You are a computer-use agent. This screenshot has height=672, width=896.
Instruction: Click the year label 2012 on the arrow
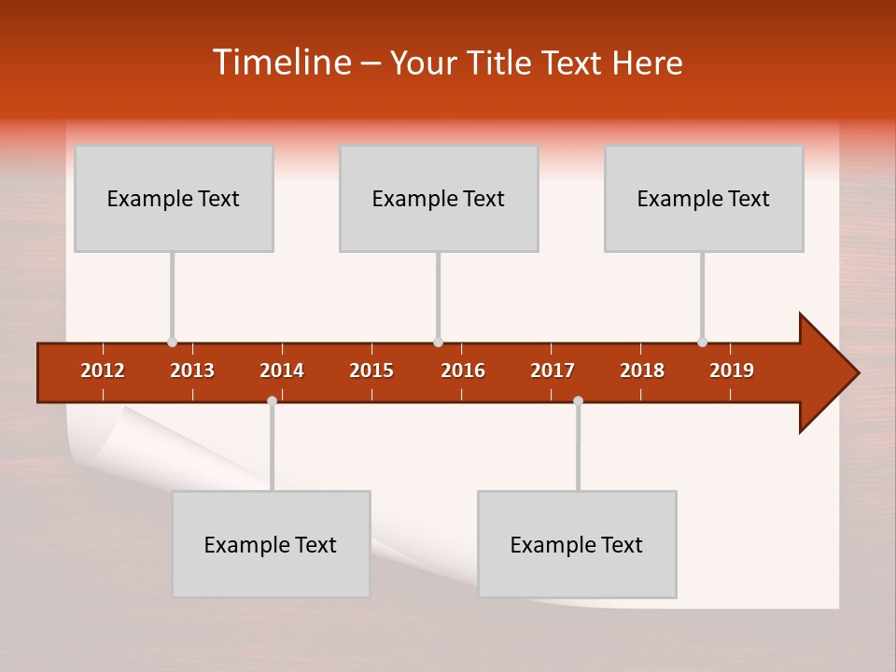103,371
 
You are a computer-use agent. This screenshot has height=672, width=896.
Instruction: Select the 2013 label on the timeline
192,371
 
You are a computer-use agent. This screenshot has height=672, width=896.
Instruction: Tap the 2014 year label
282,371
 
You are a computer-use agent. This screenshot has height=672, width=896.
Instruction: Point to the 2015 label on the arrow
371,371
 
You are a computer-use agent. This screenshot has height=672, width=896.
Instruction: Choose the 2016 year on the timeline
463,371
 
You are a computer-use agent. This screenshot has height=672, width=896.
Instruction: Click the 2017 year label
553,371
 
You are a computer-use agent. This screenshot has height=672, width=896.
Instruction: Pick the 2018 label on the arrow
642,371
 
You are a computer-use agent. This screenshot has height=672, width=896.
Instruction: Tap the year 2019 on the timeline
732,371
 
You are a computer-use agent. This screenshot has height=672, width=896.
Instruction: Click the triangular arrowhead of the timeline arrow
826,373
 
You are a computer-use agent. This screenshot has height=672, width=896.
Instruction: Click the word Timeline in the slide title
281,63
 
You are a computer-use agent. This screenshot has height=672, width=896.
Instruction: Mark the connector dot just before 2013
172,342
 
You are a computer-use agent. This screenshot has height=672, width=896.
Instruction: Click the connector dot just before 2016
438,342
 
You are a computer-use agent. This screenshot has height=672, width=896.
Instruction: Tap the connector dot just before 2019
702,342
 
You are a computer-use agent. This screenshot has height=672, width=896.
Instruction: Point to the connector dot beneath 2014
272,400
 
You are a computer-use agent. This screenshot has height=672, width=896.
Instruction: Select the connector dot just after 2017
578,400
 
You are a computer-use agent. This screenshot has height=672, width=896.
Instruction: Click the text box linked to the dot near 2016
439,198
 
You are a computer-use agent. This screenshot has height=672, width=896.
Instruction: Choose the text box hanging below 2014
271,544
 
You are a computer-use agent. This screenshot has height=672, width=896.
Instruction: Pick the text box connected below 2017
577,544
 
